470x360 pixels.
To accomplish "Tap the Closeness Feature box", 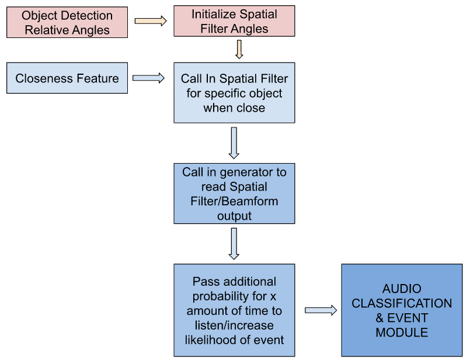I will coord(67,78).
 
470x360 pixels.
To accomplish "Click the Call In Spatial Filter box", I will coord(234,93).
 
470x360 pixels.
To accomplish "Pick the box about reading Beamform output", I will coord(234,193).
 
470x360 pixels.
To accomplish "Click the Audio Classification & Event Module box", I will coord(402,310).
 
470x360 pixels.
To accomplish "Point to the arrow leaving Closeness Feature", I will coord(149,78).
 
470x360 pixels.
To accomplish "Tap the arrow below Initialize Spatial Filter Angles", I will coord(239,49).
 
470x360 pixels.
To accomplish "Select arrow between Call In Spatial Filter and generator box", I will coord(234,142).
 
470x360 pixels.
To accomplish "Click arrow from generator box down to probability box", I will coord(234,243).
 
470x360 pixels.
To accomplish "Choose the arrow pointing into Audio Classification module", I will coord(321,310).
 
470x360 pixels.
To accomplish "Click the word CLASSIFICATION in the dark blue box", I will coord(402,303).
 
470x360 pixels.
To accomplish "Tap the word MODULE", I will coord(402,333).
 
